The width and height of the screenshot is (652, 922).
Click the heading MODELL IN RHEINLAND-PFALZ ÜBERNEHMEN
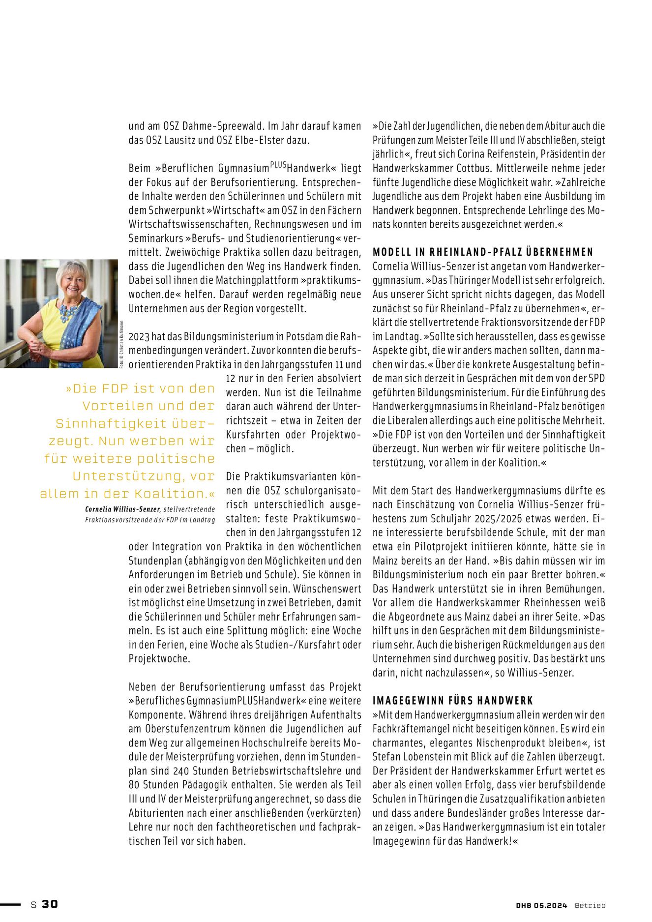point(483,252)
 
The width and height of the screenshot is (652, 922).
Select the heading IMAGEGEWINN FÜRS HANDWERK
point(452,701)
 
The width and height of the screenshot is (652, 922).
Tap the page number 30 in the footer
point(50,904)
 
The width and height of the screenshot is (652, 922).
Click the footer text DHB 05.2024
point(541,905)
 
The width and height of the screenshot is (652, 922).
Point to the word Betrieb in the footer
point(590,905)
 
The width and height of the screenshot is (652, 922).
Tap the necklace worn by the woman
point(68,311)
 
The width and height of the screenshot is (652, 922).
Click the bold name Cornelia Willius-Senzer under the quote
point(122,509)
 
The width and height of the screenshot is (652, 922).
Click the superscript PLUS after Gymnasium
point(278,164)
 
